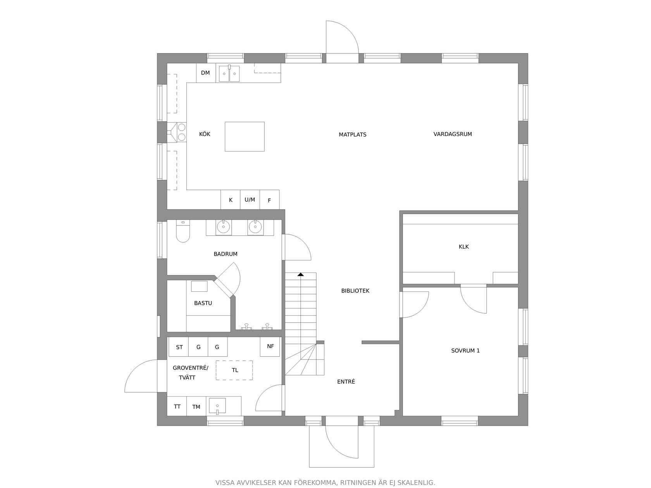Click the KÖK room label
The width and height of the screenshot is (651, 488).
pyautogui.click(x=205, y=134)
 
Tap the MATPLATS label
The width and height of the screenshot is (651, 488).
pyautogui.click(x=352, y=134)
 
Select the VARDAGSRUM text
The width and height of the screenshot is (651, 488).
pyautogui.click(x=453, y=134)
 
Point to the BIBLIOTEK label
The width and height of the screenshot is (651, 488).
pyautogui.click(x=355, y=291)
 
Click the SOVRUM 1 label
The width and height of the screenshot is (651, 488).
pyautogui.click(x=465, y=351)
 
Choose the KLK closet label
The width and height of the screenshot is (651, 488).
pyautogui.click(x=463, y=247)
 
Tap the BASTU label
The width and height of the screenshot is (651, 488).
pyautogui.click(x=203, y=303)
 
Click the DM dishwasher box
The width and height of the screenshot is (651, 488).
pyautogui.click(x=206, y=73)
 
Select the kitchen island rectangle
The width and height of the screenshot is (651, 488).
pyautogui.click(x=245, y=137)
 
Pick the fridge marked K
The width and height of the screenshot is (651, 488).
pyautogui.click(x=230, y=200)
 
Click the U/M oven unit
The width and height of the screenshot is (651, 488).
pyautogui.click(x=250, y=200)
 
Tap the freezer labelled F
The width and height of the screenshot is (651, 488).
pyautogui.click(x=269, y=200)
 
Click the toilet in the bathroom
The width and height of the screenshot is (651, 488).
pyautogui.click(x=183, y=231)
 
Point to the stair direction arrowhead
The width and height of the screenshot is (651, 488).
pyautogui.click(x=300, y=274)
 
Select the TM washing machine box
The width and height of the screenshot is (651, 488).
pyautogui.click(x=196, y=406)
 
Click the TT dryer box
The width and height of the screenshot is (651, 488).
pyautogui.click(x=177, y=406)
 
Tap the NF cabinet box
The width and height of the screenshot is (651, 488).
pyautogui.click(x=270, y=347)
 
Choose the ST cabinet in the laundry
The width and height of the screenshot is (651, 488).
pyautogui.click(x=179, y=347)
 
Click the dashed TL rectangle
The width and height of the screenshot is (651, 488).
pyautogui.click(x=234, y=370)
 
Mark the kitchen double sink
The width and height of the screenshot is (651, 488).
pyautogui.click(x=229, y=74)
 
